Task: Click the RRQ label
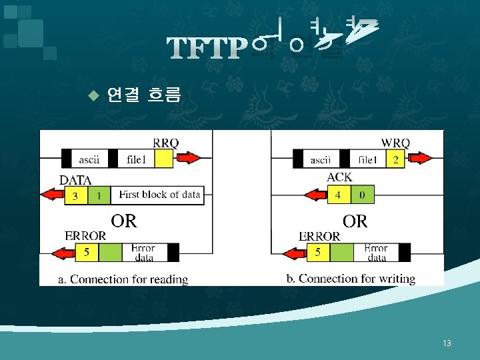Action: click(165, 143)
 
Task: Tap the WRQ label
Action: click(395, 143)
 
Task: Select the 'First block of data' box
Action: click(159, 195)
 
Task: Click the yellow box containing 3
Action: click(75, 195)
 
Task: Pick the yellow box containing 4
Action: click(338, 195)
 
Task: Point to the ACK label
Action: click(339, 177)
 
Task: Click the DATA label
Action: click(75, 179)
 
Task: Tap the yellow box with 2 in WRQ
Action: click(396, 159)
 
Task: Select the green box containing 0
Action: click(362, 195)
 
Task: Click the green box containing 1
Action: click(99, 195)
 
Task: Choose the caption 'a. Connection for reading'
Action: click(123, 279)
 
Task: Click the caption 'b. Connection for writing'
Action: click(351, 279)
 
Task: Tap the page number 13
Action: click(447, 343)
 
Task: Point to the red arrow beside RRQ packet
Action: click(189, 159)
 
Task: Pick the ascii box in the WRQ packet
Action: click(321, 159)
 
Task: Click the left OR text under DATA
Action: click(123, 221)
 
